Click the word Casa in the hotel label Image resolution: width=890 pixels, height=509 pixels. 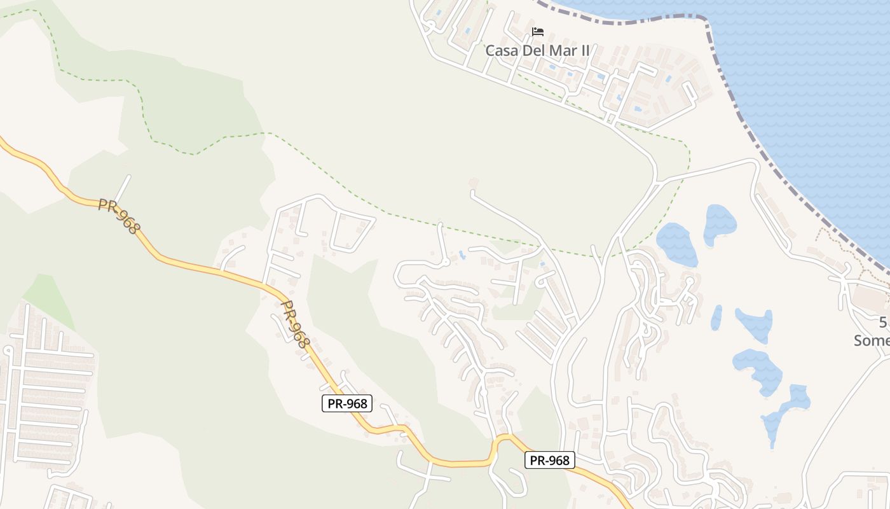[x=502, y=50]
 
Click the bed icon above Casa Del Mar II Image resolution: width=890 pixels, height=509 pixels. [x=538, y=31]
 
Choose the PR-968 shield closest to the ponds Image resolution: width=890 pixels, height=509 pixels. [x=549, y=460]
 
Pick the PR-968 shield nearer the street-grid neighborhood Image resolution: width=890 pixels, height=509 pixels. [x=346, y=403]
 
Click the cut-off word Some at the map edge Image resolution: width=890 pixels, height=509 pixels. [x=872, y=340]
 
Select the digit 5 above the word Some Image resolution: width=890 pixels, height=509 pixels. [x=884, y=322]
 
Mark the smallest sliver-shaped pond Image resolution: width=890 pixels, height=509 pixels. [x=716, y=317]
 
